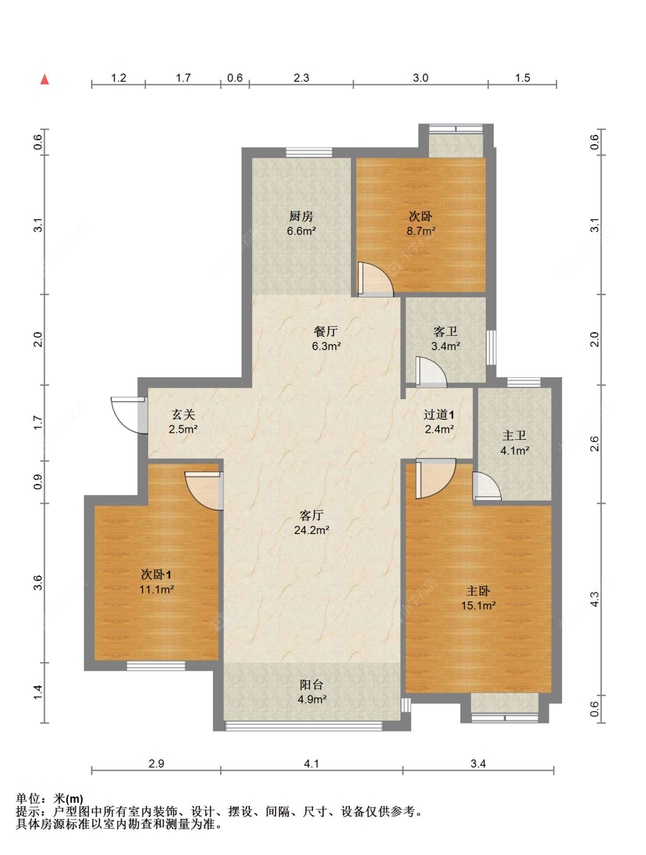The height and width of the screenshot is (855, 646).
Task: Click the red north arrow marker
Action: (x=45, y=79)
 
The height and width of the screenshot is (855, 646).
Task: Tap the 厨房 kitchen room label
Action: (x=301, y=216)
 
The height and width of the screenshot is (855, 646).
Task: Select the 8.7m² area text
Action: (x=420, y=231)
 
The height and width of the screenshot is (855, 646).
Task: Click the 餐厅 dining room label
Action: (x=326, y=331)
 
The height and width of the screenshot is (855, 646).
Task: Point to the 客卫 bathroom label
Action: (x=446, y=331)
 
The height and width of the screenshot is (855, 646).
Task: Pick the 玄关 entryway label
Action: (x=183, y=414)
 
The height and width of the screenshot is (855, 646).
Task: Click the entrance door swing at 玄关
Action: (x=129, y=415)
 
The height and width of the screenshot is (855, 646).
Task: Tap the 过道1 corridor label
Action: (x=439, y=414)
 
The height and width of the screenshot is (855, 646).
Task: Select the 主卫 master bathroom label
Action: (x=514, y=435)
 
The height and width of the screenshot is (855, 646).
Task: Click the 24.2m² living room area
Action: (x=311, y=530)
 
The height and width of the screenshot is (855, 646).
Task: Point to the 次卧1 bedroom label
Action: (x=156, y=574)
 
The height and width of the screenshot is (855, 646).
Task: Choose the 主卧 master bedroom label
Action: (x=478, y=590)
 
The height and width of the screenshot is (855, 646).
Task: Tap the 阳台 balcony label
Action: (x=311, y=684)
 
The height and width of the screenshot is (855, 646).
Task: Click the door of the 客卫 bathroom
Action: (x=431, y=372)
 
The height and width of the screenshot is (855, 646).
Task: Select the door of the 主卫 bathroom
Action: (x=487, y=486)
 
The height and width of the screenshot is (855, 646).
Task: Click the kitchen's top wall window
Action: (x=309, y=152)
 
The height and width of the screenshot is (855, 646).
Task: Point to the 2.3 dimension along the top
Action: (x=301, y=78)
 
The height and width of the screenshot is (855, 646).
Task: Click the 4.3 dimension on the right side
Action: (x=594, y=599)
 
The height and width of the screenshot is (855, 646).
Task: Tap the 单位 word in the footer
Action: (x=28, y=799)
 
